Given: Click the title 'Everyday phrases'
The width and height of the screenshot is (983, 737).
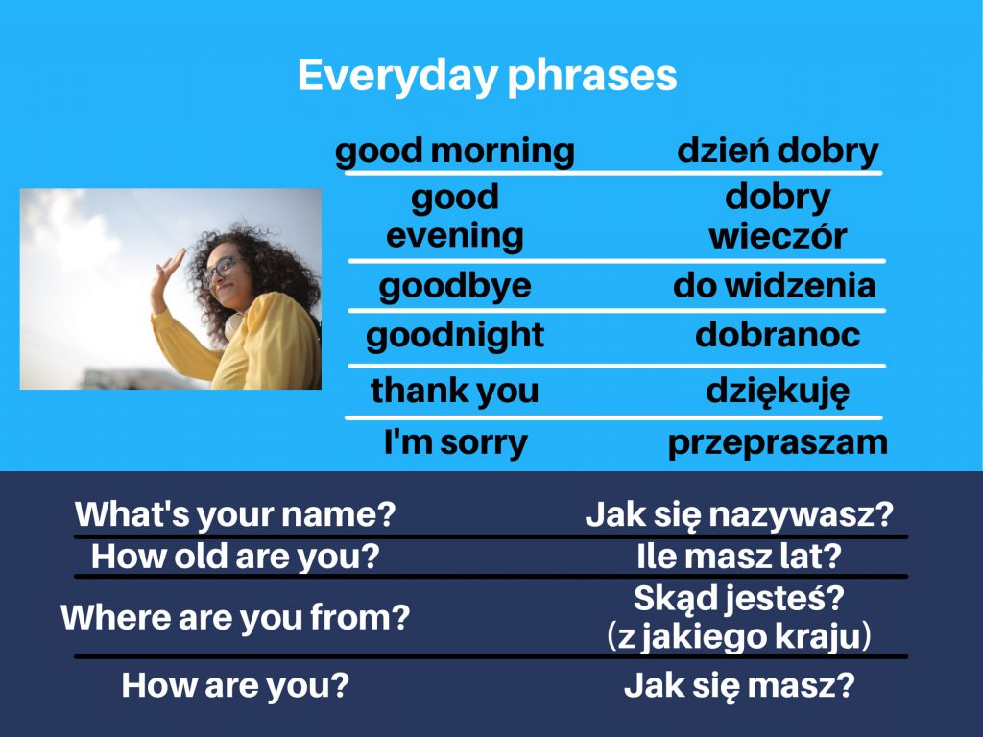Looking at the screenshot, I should point(487,76).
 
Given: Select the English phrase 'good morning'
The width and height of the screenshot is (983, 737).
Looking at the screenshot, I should point(455,151).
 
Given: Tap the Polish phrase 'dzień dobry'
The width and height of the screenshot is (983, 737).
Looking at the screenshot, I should point(778,151).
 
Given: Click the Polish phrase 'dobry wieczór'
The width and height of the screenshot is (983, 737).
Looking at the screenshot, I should point(778,217).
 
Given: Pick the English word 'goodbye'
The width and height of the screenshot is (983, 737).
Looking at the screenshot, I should point(455,286).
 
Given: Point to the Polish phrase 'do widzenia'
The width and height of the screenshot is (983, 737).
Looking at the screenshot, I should point(775,286).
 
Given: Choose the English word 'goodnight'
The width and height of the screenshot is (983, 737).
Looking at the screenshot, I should point(455,335).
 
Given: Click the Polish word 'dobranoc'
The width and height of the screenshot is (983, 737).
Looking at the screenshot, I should point(778,335).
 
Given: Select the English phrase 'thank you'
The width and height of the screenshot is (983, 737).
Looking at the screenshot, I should point(455,391).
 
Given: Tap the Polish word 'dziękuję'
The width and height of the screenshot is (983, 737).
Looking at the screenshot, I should point(778,392).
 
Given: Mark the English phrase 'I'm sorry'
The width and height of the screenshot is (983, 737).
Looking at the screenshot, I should point(455,442).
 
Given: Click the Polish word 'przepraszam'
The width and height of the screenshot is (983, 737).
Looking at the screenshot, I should point(778,442).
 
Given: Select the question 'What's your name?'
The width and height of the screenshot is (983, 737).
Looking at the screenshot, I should point(235,514).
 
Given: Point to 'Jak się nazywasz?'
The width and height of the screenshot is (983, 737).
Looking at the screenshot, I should point(739,514).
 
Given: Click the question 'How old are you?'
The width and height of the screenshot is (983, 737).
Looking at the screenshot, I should point(235,556).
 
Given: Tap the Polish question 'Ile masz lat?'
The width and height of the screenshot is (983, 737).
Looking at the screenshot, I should point(739,556).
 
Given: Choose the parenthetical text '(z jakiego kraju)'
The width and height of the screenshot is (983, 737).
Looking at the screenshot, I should point(739,636).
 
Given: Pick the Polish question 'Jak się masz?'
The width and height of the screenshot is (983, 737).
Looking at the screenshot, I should point(739,686).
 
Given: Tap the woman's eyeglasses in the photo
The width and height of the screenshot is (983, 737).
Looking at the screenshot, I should point(219,270).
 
